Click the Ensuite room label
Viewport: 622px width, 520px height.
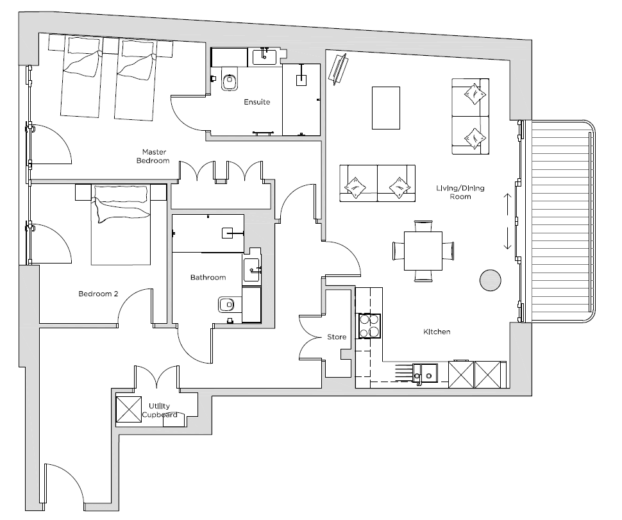256,102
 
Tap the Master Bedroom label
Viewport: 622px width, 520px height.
153,156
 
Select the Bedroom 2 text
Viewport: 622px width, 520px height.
98,294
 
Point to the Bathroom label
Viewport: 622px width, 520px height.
208,277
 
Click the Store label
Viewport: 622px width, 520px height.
337,337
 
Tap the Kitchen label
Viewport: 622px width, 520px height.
436,331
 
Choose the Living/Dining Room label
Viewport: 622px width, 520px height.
460,192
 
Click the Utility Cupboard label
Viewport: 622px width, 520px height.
160,410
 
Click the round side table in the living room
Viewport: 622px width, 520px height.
491,280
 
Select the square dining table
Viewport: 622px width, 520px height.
423,251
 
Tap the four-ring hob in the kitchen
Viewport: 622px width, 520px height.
370,326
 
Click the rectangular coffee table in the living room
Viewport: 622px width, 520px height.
385,108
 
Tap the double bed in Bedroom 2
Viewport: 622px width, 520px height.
121,224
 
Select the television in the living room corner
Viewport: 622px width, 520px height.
339,69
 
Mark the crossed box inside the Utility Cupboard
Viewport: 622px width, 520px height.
128,409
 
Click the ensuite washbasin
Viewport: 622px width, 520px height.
265,56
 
